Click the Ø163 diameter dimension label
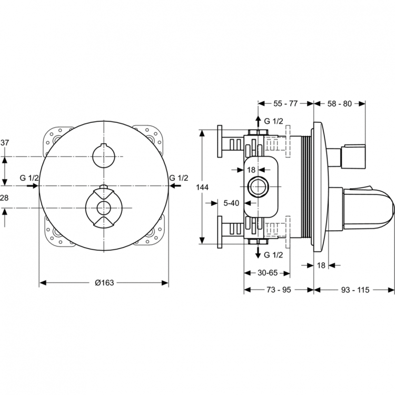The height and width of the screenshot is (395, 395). pyautogui.click(x=104, y=283)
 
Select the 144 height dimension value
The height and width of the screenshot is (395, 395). pyautogui.click(x=203, y=187)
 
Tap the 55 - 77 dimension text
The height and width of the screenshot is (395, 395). pyautogui.click(x=285, y=104)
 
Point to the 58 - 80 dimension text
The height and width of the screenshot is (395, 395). pyautogui.click(x=339, y=104)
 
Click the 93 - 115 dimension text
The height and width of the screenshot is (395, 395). pyautogui.click(x=355, y=290)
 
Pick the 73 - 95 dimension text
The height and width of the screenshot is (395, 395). pyautogui.click(x=279, y=290)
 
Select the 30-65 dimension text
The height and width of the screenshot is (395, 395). pyautogui.click(x=268, y=273)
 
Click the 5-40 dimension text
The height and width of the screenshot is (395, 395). pyautogui.click(x=231, y=203)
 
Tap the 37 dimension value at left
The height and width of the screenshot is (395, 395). pyautogui.click(x=5, y=143)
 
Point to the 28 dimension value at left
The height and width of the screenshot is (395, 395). pyautogui.click(x=4, y=198)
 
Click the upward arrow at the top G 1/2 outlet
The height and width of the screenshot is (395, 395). pyautogui.click(x=258, y=122)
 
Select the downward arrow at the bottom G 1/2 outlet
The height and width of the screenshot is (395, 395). pyautogui.click(x=258, y=252)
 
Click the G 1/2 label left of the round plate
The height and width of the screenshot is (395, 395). pyautogui.click(x=29, y=178)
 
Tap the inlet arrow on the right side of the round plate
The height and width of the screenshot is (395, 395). pyautogui.click(x=175, y=186)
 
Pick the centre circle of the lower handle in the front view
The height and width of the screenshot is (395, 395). pyautogui.click(x=104, y=208)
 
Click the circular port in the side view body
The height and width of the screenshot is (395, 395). pyautogui.click(x=258, y=186)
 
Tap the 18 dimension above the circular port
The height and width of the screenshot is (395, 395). pyautogui.click(x=251, y=170)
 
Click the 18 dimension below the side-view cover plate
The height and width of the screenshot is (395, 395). pyautogui.click(x=321, y=265)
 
